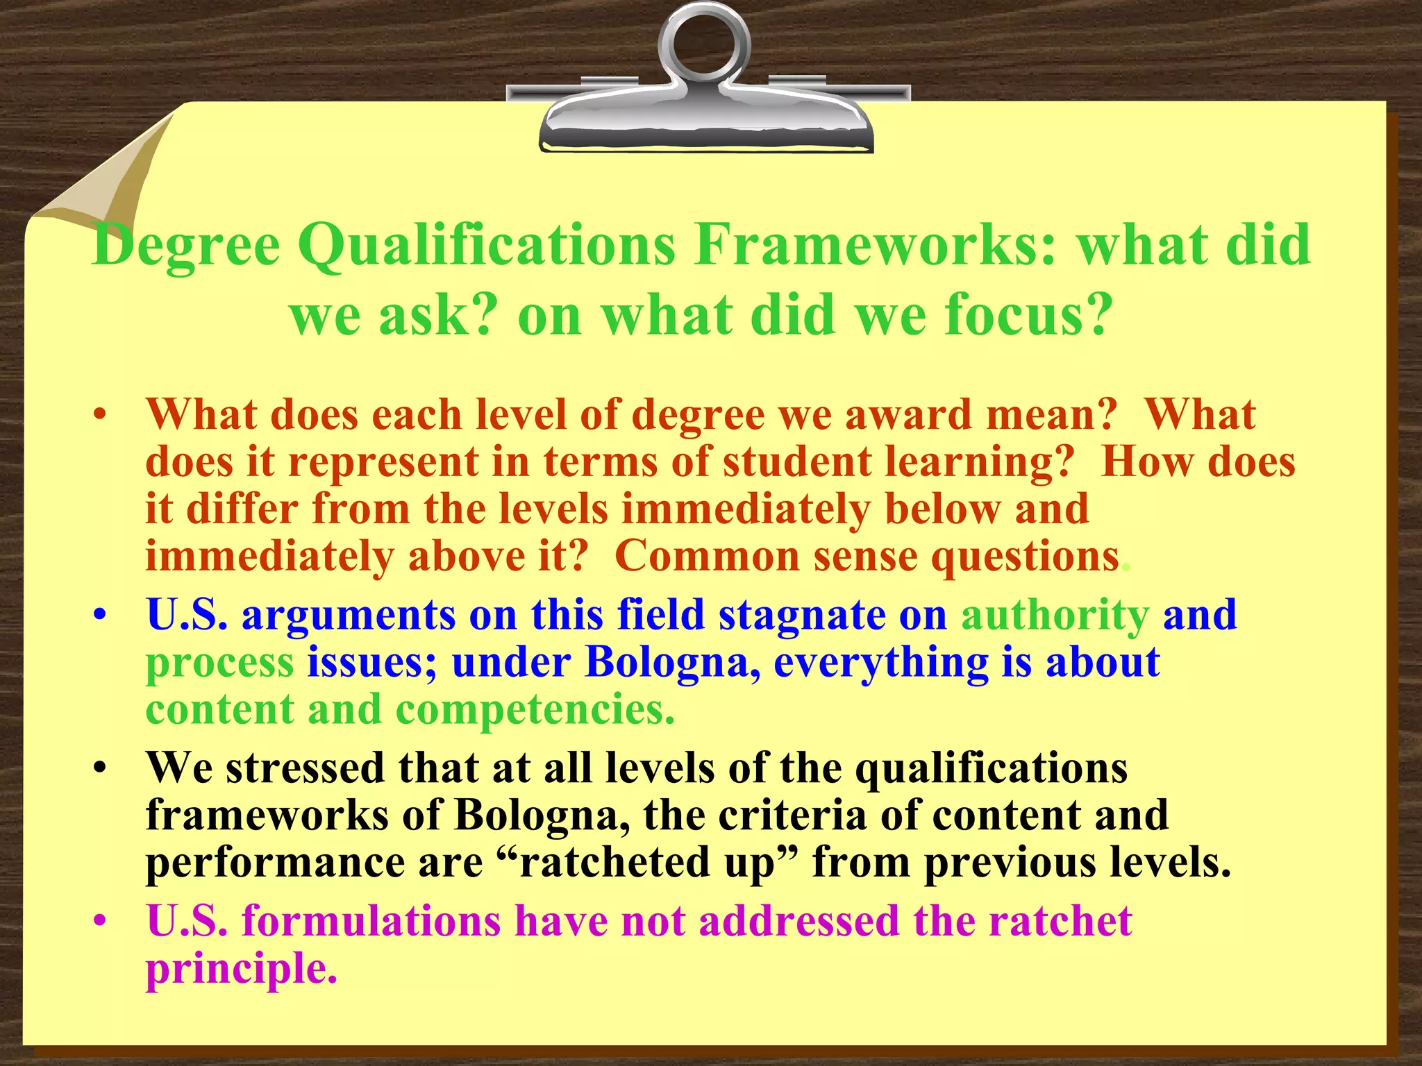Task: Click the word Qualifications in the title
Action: [x=487, y=246]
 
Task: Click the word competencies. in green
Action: [x=535, y=710]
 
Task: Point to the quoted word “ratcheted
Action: [x=603, y=863]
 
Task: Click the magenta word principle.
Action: [x=241, y=970]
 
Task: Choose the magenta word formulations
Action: [x=371, y=922]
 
